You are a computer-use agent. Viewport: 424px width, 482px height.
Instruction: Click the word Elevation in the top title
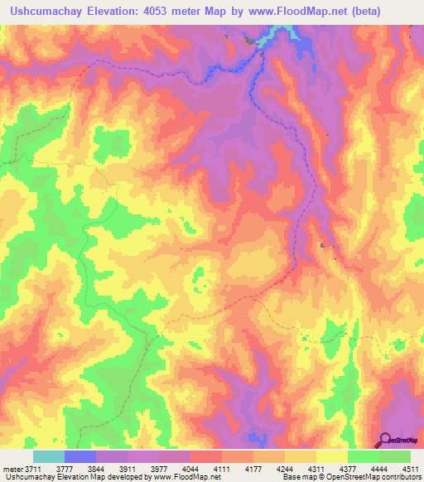(116, 12)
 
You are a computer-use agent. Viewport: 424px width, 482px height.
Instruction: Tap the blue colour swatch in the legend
(80, 456)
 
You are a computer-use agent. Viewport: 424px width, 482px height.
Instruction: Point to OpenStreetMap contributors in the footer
(377, 478)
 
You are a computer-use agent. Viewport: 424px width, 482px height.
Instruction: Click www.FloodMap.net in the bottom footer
(181, 478)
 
